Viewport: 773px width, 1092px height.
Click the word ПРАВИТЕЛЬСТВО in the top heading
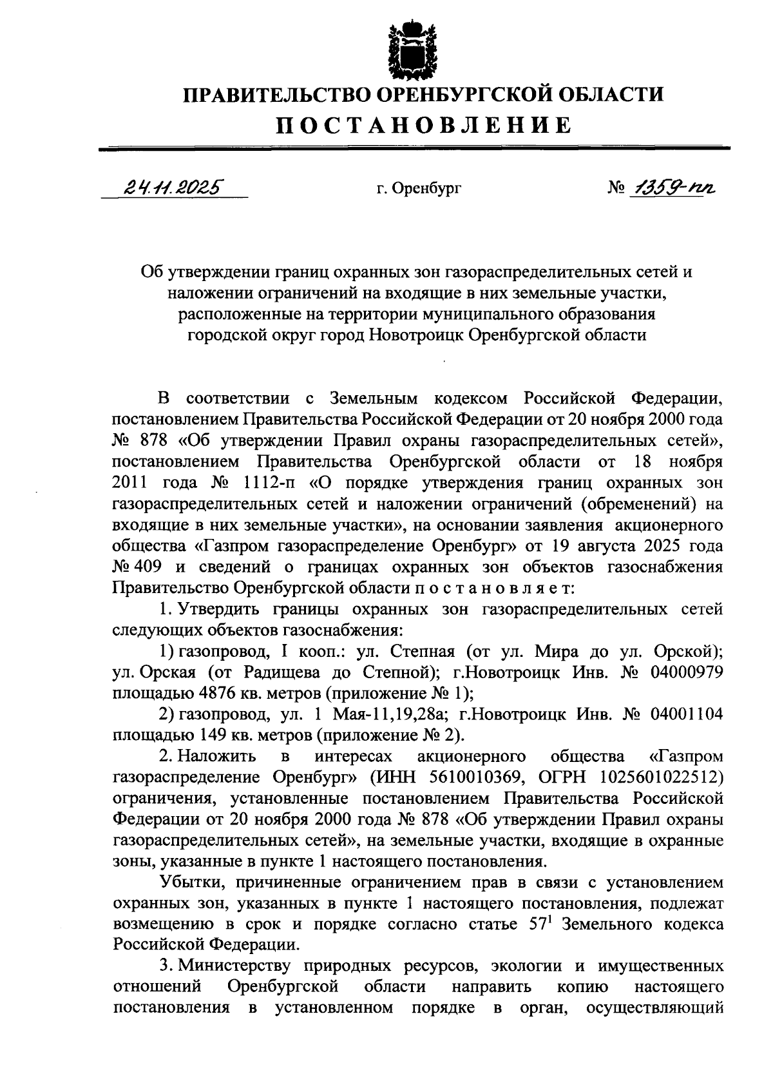point(274,95)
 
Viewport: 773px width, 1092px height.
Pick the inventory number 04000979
point(687,673)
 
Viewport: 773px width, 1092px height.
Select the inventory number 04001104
point(687,714)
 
